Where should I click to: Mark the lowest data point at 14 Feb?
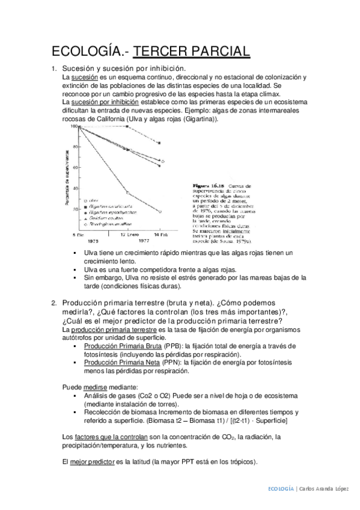(x=159, y=212)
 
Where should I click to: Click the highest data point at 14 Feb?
(x=159, y=143)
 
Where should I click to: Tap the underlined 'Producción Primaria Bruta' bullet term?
(x=117, y=346)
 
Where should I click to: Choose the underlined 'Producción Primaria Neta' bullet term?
(x=117, y=363)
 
